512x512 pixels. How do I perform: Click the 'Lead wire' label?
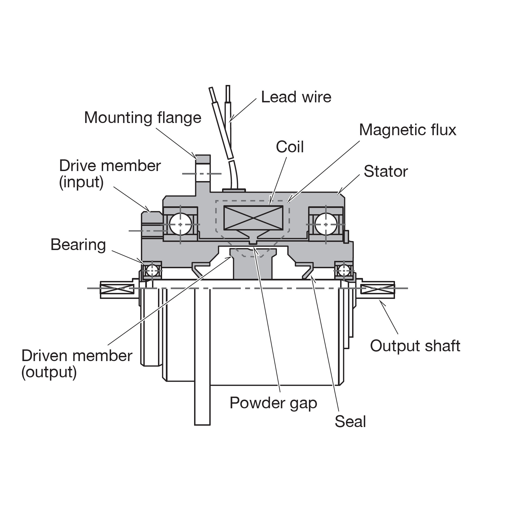[296, 97]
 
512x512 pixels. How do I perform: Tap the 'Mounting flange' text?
[143, 118]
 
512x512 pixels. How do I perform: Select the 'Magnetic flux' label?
[407, 130]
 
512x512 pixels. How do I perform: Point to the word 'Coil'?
[290, 147]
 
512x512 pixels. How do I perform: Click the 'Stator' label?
[385, 171]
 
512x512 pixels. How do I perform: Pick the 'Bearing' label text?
[78, 245]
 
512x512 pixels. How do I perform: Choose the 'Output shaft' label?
[415, 346]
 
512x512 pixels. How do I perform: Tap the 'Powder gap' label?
[273, 403]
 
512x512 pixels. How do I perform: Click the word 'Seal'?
[350, 421]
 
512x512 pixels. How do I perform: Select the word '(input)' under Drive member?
[81, 182]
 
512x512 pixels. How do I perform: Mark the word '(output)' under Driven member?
[49, 372]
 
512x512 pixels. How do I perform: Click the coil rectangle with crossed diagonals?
[253, 217]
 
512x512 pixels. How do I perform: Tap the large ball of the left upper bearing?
[180, 224]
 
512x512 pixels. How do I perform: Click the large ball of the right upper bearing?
[326, 224]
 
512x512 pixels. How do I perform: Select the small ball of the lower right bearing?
[344, 270]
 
